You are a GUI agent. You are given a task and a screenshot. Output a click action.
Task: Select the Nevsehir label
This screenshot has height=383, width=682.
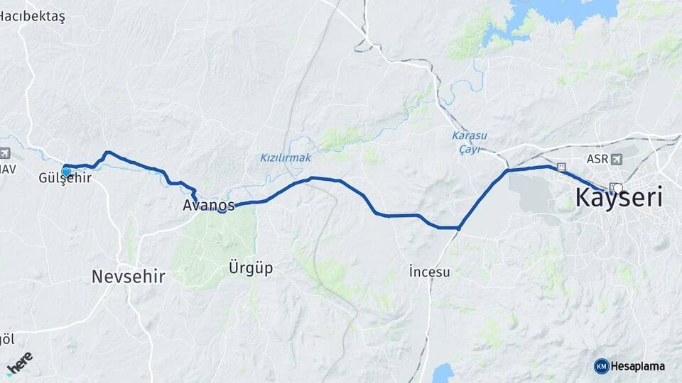point(128,277)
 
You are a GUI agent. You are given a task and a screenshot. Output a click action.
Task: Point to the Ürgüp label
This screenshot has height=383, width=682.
point(250,268)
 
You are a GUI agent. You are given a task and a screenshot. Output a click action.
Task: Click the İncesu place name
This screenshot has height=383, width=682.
point(429,272)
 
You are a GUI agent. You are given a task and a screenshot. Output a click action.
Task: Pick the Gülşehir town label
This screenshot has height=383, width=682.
point(65,178)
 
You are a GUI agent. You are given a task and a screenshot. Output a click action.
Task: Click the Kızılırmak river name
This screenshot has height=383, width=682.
point(286,157)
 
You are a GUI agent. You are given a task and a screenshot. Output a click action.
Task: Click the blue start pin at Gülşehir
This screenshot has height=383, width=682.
point(66,172)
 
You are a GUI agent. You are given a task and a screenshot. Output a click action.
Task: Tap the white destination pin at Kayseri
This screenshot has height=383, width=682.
point(617,189)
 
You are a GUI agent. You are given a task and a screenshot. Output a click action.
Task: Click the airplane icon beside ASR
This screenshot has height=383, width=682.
point(615,159)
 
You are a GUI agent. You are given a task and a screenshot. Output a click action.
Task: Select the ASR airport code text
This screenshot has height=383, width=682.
point(597,159)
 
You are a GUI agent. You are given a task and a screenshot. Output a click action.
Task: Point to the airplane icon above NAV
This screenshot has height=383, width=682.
point(4,153)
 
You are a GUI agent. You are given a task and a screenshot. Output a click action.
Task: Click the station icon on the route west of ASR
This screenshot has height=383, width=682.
point(562,167)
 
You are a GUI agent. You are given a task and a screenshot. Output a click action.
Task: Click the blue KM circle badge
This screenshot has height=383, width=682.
point(601,366)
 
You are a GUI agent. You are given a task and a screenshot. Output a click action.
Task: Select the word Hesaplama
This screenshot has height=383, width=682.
point(639,366)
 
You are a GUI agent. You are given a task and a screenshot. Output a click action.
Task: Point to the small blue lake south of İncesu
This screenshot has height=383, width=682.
point(443,373)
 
